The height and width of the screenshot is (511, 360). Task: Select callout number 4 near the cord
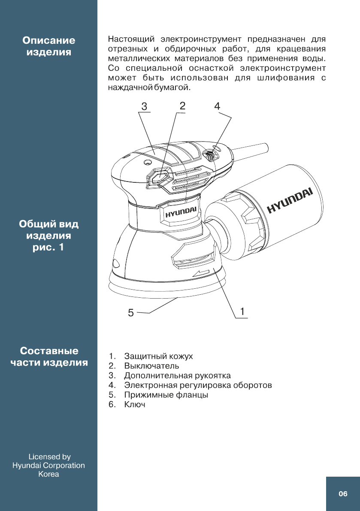pyautogui.click(x=218, y=106)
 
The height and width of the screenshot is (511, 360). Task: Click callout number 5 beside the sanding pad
pyautogui.click(x=131, y=313)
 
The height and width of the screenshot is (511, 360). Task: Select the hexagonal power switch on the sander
pyautogui.click(x=160, y=176)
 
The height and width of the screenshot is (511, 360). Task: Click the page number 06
pyautogui.click(x=342, y=494)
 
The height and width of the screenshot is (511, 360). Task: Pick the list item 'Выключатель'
pyautogui.click(x=151, y=366)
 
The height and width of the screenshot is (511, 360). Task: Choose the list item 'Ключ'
pyautogui.click(x=135, y=405)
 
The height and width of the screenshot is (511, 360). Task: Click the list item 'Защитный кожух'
pyautogui.click(x=158, y=356)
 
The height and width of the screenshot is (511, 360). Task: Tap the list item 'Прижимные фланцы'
pyautogui.click(x=166, y=395)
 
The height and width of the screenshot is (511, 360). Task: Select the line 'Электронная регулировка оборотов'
pyautogui.click(x=198, y=385)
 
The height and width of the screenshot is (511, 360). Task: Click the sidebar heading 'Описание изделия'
pyautogui.click(x=49, y=46)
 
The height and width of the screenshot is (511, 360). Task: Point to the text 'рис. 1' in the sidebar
pyautogui.click(x=49, y=248)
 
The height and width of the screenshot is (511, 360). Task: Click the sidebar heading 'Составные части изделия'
pyautogui.click(x=49, y=357)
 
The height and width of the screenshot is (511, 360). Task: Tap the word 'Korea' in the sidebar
pyautogui.click(x=49, y=474)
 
